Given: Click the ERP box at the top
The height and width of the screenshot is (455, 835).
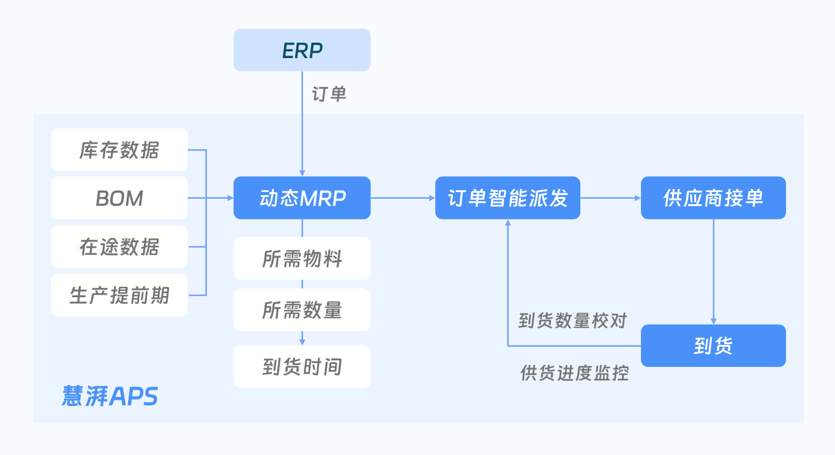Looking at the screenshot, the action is (302, 50).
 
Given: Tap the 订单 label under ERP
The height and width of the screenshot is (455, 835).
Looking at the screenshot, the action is (329, 94).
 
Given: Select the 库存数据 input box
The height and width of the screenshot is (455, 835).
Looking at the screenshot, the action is (119, 150).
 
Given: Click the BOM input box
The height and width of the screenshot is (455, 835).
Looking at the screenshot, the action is (119, 198).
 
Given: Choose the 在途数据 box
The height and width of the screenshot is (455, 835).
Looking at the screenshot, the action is (119, 247).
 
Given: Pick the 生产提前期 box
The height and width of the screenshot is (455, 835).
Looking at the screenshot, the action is (119, 296).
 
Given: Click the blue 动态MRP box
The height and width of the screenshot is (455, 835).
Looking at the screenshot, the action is (302, 198).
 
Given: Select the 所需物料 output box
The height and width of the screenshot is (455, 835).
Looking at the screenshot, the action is (302, 259).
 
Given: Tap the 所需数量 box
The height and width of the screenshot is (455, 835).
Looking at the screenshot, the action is (302, 310).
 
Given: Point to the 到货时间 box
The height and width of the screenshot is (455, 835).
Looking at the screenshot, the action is (302, 367).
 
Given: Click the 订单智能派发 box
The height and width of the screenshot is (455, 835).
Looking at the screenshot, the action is (507, 198).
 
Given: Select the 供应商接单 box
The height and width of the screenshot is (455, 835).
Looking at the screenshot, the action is (713, 198).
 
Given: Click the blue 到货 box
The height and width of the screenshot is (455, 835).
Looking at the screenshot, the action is (713, 346).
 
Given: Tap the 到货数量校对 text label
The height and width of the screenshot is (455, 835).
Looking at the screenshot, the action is (572, 320).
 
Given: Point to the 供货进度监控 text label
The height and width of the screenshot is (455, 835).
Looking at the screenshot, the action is (574, 373).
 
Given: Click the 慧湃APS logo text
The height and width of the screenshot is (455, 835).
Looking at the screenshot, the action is (110, 396).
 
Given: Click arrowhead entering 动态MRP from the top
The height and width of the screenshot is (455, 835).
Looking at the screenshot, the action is (302, 173).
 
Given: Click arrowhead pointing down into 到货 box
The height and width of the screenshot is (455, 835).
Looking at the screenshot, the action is (713, 321).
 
